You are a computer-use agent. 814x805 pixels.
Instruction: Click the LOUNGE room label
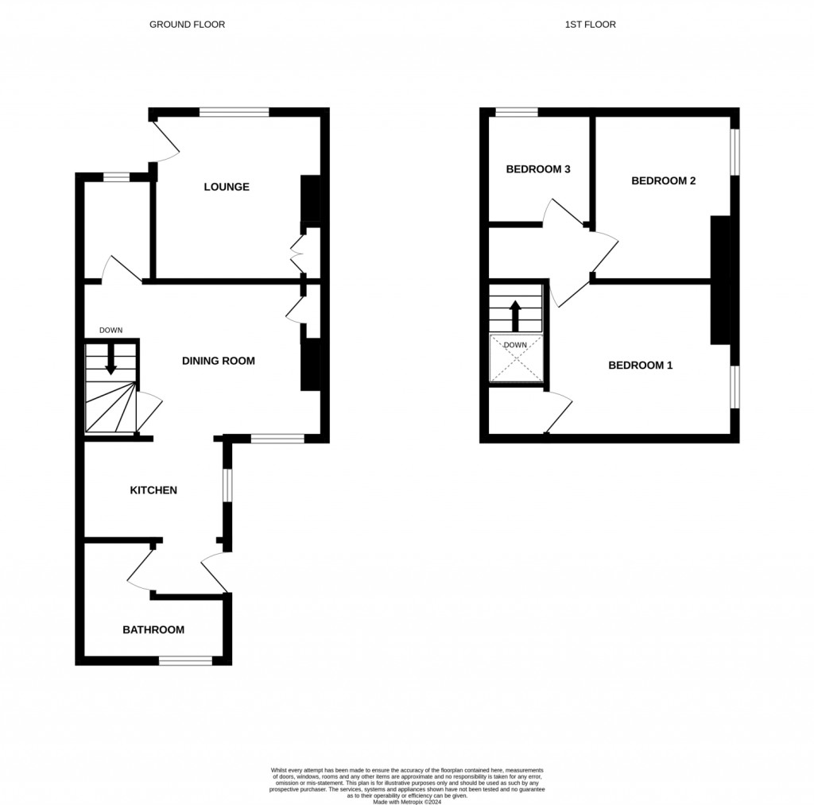point(227,188)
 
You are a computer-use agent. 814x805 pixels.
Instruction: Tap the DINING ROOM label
point(219,361)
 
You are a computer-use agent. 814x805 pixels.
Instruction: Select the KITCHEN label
point(153,490)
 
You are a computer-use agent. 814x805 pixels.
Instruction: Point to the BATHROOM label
point(153,630)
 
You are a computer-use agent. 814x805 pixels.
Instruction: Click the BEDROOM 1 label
point(641,366)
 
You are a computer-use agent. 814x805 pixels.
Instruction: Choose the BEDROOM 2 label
point(664,181)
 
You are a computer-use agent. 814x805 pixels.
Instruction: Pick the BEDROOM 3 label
point(539,169)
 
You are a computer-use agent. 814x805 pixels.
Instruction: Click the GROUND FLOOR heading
point(188,25)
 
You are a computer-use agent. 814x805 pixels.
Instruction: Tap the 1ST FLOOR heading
point(591,25)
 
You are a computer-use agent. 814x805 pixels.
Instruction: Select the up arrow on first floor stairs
point(515,315)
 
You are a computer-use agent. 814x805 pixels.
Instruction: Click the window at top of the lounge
point(234,112)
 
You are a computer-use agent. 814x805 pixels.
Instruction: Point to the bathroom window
point(185,660)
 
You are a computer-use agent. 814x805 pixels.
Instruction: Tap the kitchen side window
point(227,485)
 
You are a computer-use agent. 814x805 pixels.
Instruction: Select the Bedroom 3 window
point(516,112)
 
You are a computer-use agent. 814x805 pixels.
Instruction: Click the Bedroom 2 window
point(735,151)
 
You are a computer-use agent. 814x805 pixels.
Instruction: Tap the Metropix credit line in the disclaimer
point(407,799)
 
